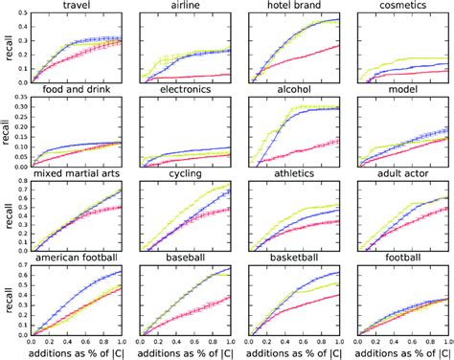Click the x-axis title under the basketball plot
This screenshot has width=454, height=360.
pos(290,352)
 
